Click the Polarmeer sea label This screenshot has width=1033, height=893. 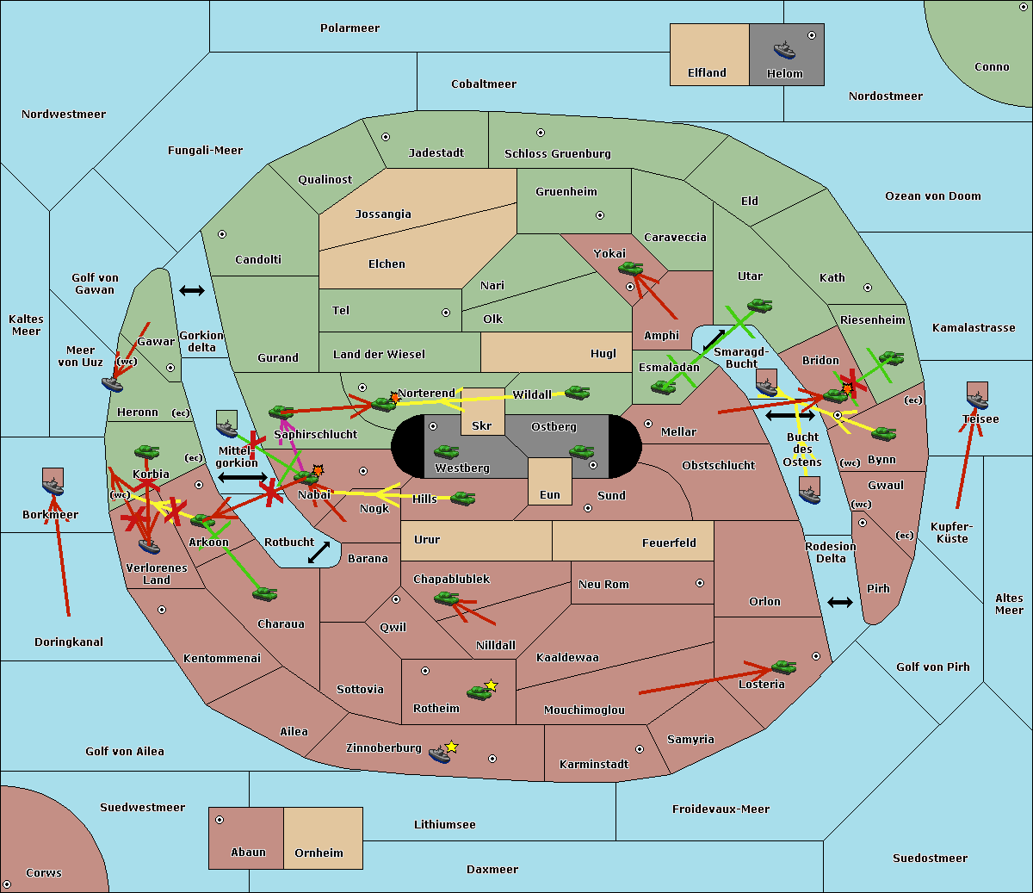tap(349, 28)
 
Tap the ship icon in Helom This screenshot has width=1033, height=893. tap(784, 49)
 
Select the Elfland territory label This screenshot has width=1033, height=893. tap(707, 73)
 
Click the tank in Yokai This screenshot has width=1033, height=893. tap(631, 269)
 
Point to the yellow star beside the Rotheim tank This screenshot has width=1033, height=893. tap(492, 685)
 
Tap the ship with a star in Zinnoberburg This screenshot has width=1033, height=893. tap(440, 754)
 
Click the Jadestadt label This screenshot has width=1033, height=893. tap(436, 153)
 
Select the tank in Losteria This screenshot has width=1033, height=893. tap(783, 667)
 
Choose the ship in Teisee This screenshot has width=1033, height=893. tap(977, 400)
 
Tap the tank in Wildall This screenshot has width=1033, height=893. tap(577, 393)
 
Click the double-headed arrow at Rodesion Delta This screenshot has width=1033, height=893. tap(840, 602)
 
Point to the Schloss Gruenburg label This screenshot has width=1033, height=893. tap(557, 154)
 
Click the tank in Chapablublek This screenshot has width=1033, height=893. tap(447, 598)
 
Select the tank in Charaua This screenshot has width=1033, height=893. tap(265, 593)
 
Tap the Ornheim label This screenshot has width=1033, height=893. tap(319, 853)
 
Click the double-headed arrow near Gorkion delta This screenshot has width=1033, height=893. tap(191, 291)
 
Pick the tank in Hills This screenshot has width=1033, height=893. tap(463, 498)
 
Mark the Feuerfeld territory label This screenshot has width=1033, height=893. tap(669, 543)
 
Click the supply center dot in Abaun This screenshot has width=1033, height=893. tap(220, 820)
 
